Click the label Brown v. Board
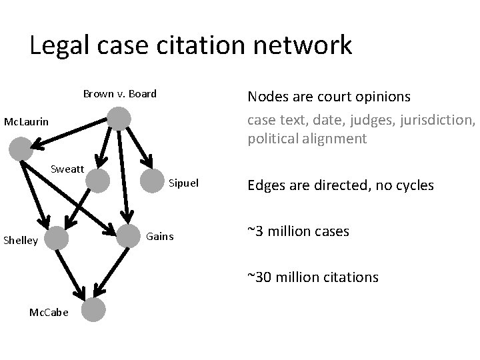pos(120,93)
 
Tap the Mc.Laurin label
pos(25,122)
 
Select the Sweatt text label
pos(67,169)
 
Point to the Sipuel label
pos(184,182)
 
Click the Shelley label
pos(21,240)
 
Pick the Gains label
pos(159,237)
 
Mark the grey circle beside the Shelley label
pos(58,237)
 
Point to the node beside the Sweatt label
pos(98,180)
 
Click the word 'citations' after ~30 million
pos(350,276)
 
